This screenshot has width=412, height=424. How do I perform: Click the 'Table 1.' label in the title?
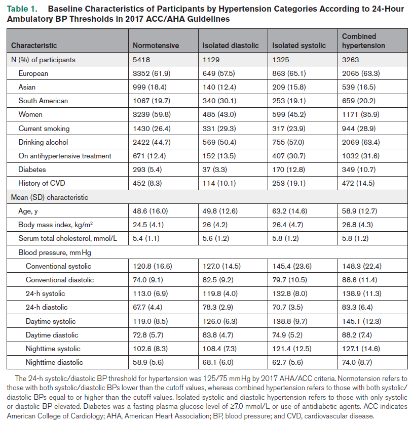[23, 9]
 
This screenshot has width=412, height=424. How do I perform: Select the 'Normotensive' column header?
[156, 46]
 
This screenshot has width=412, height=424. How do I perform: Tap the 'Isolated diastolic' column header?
[231, 46]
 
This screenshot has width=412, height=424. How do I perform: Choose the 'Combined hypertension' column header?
[363, 41]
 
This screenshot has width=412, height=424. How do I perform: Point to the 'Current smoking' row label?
[44, 129]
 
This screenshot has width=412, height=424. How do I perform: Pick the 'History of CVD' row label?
[43, 183]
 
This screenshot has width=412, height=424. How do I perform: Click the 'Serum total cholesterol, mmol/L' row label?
[68, 238]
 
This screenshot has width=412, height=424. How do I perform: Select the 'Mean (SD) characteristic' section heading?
[53, 197]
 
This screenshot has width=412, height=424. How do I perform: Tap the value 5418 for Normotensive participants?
[142, 60]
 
